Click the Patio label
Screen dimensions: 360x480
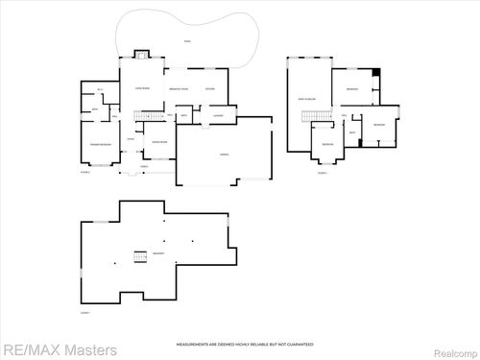click(x=186, y=40)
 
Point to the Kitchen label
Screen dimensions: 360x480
click(x=209, y=88)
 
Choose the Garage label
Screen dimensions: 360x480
click(x=223, y=154)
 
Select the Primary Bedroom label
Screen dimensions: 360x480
click(x=99, y=144)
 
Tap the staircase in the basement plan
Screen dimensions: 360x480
click(x=139, y=255)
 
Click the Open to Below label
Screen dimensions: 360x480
click(x=307, y=100)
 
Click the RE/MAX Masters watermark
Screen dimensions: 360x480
click(x=60, y=349)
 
